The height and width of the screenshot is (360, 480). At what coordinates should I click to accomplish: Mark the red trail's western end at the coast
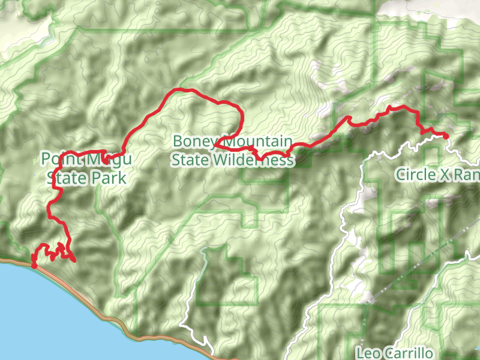point(34,265)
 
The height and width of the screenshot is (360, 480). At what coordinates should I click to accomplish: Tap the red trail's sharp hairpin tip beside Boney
point(215,145)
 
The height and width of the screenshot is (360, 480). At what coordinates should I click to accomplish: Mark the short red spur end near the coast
point(74,260)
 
